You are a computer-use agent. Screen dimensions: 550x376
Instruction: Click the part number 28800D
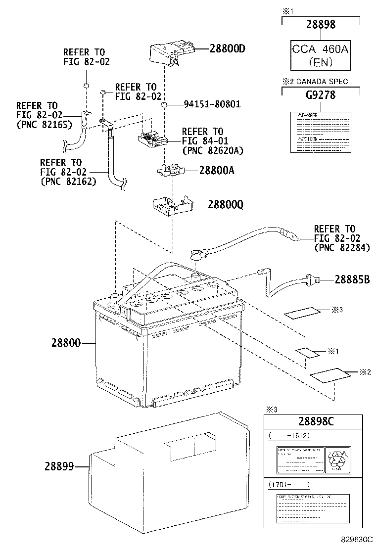228,49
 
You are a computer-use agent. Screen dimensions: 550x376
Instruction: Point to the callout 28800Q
225,205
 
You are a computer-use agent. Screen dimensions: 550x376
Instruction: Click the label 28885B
352,279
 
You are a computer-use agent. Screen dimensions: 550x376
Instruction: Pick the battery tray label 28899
59,466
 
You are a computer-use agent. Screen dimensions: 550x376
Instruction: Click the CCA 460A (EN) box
320,56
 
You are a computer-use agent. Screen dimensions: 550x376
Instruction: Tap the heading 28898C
316,421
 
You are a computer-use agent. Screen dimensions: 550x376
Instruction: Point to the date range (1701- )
289,485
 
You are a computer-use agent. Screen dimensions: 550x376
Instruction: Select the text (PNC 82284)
342,248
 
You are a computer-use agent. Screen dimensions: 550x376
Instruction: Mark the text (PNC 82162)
68,182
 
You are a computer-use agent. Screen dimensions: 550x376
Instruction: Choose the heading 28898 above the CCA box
320,24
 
